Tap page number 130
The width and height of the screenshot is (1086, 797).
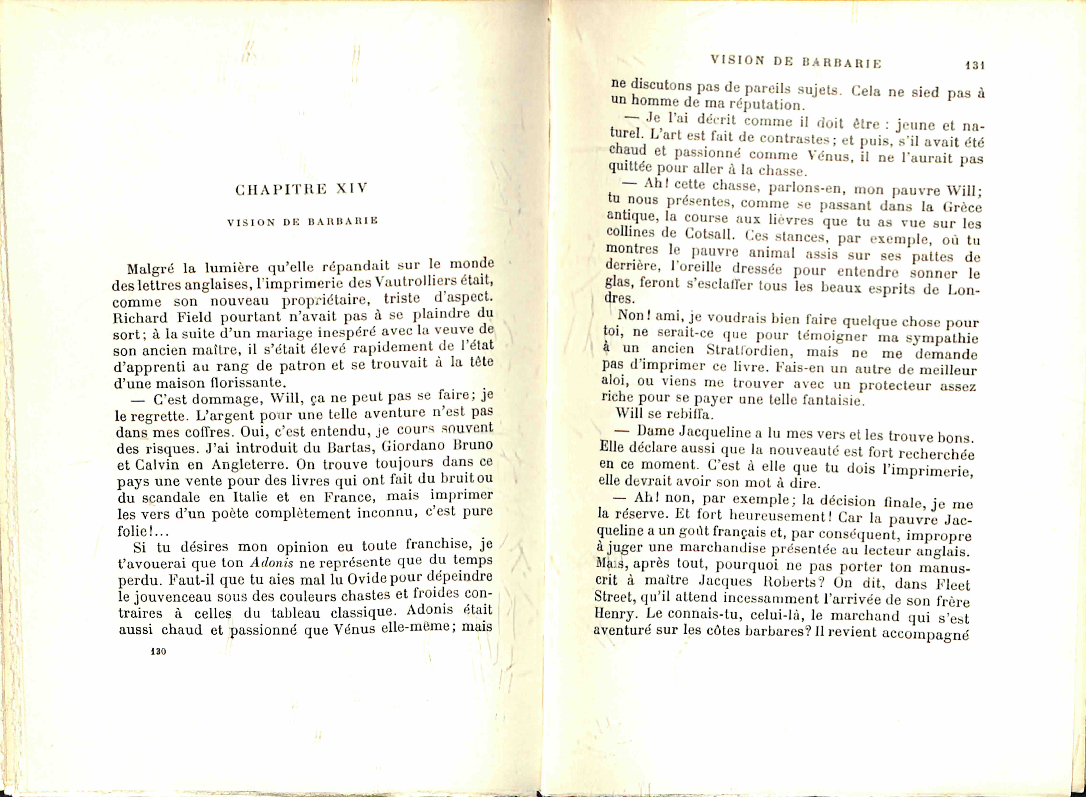(x=158, y=651)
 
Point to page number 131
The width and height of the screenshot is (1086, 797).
(x=974, y=65)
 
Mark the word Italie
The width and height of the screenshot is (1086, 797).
(x=250, y=497)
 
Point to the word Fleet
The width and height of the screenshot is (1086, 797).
(x=952, y=585)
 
